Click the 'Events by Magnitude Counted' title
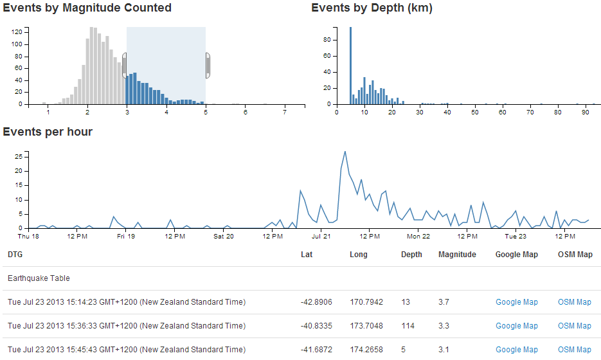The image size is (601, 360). point(87,8)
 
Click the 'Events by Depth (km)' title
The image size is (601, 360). point(372,8)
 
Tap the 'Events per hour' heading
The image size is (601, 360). point(48,132)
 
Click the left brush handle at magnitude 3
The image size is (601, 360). point(125,66)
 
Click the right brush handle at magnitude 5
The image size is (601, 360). point(208,66)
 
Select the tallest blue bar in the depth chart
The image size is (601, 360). point(350,65)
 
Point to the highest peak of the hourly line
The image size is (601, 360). point(345,152)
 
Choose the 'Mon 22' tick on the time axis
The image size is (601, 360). point(418,237)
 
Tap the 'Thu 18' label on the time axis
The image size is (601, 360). point(28,237)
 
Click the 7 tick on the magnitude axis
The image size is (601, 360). point(285,113)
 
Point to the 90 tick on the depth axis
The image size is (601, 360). point(586,113)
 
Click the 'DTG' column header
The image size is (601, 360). point(15,255)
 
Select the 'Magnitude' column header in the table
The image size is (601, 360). point(457,255)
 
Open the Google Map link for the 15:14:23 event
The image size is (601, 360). point(516,302)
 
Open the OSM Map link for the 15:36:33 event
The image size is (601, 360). point(574,326)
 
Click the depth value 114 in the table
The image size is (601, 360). point(408,326)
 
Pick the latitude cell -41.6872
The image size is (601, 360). point(316,350)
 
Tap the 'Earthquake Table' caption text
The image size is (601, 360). point(39,278)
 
